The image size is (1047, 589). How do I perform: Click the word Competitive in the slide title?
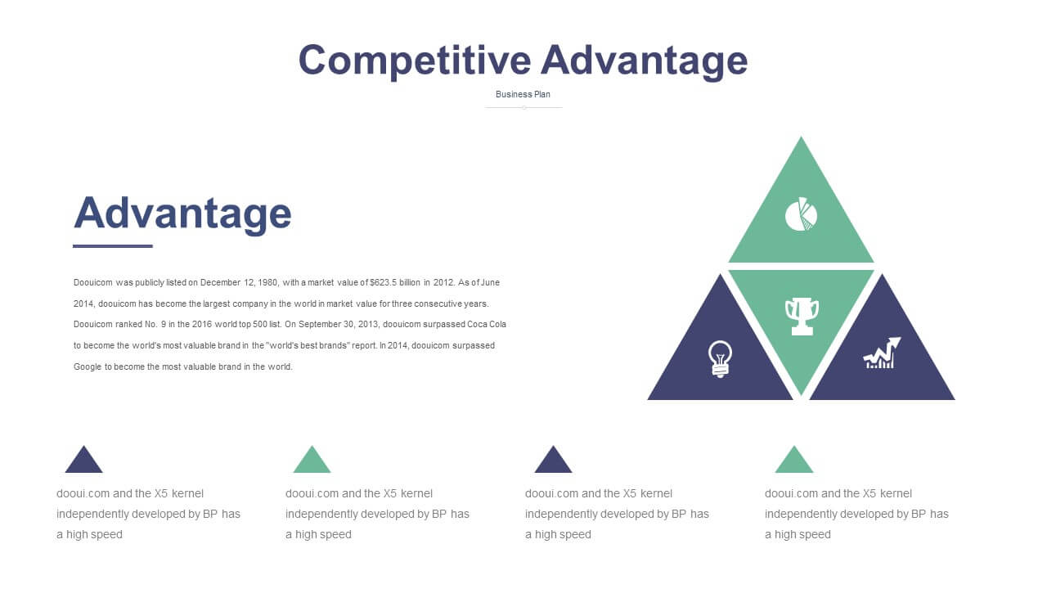415,61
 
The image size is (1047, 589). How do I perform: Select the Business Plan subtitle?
523,94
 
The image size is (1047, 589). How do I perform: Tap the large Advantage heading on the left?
182,214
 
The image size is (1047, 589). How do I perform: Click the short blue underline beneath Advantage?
113,246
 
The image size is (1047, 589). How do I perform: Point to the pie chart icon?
801,214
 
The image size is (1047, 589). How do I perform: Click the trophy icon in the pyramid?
802,317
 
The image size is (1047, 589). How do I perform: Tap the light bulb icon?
720,359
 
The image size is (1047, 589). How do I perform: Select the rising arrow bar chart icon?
882,353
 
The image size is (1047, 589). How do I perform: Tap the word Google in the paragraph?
88,367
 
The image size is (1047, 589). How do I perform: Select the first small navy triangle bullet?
83,460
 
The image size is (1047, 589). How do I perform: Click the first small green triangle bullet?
312,460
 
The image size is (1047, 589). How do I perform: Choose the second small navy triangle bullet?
553,460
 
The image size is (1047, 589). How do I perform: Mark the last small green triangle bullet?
794,460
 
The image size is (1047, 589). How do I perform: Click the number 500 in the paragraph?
260,325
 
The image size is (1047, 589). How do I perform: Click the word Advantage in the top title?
645,61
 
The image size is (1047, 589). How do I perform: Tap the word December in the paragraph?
220,283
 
